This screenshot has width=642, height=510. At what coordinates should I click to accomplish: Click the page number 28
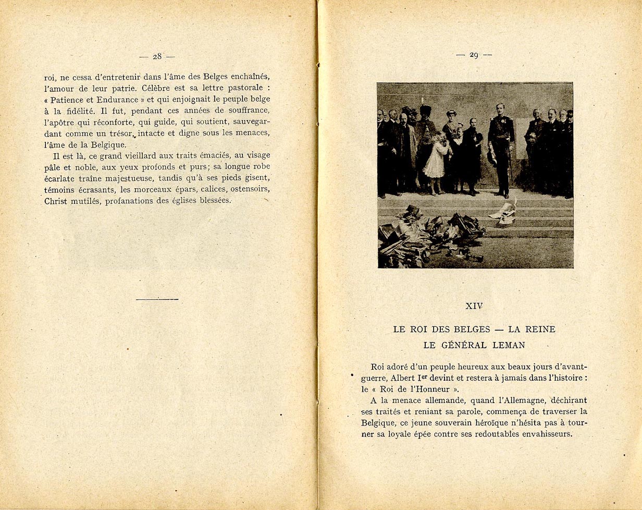point(157,56)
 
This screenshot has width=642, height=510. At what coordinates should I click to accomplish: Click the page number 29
point(474,55)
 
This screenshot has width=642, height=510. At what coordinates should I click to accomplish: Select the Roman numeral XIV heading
point(474,306)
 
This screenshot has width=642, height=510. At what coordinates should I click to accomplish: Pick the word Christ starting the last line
point(56,201)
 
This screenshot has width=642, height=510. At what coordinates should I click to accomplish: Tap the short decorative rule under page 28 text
point(157,299)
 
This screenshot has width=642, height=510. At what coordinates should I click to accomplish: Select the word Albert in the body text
point(402,378)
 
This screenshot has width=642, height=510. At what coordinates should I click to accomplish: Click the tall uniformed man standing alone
point(501,149)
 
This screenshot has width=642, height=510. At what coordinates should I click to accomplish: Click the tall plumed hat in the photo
point(425,111)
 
